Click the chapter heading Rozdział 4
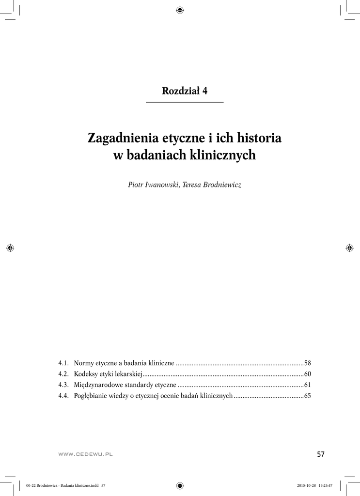[x=185, y=91]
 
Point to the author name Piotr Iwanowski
[x=152, y=186]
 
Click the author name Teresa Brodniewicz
[x=212, y=186]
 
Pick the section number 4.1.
[x=63, y=363]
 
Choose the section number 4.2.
[x=63, y=374]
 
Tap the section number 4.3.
[x=63, y=385]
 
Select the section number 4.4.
[x=63, y=396]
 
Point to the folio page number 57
[x=320, y=454]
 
